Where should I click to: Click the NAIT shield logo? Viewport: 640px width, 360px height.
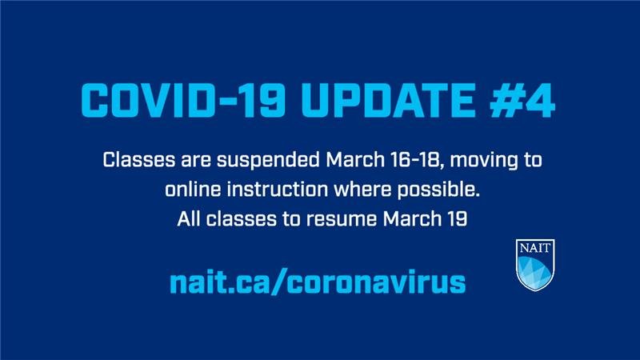tap(536, 264)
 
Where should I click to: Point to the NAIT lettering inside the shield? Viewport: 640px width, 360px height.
tap(536, 247)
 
